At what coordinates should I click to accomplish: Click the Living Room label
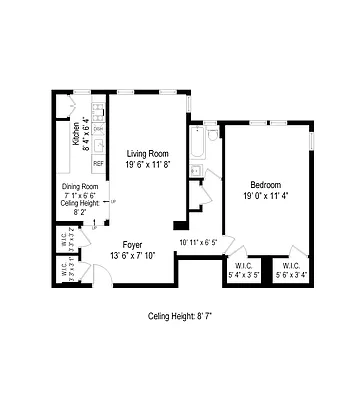pos(147,154)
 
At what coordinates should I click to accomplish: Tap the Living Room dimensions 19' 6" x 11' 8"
pos(147,165)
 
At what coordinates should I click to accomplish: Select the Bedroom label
pos(265,185)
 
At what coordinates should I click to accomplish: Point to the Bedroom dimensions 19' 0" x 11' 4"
pos(265,196)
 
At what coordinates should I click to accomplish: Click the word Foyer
pos(132,244)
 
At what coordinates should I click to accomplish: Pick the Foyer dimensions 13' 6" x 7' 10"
pos(132,255)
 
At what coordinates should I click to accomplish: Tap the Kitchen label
pos(76,133)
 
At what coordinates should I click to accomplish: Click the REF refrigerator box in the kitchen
pos(98,162)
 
